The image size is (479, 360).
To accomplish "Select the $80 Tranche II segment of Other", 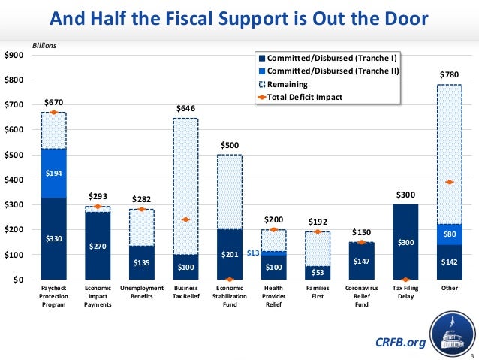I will point(450,234).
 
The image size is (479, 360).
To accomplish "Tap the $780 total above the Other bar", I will point(449,75).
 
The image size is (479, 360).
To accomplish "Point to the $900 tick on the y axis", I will point(14,56).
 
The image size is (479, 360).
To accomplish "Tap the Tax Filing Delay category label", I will point(405,292).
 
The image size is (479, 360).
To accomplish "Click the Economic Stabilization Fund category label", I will point(229,296).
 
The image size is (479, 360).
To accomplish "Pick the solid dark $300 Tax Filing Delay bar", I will point(405,242).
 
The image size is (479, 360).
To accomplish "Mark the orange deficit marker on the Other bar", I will point(449,182).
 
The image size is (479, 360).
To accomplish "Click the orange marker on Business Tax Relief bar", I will point(185,219).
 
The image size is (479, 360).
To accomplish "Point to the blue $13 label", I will point(253,253).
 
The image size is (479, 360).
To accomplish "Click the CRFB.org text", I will point(400,343).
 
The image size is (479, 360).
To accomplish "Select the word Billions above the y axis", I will point(44,46).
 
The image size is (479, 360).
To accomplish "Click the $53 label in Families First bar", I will point(317,271).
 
